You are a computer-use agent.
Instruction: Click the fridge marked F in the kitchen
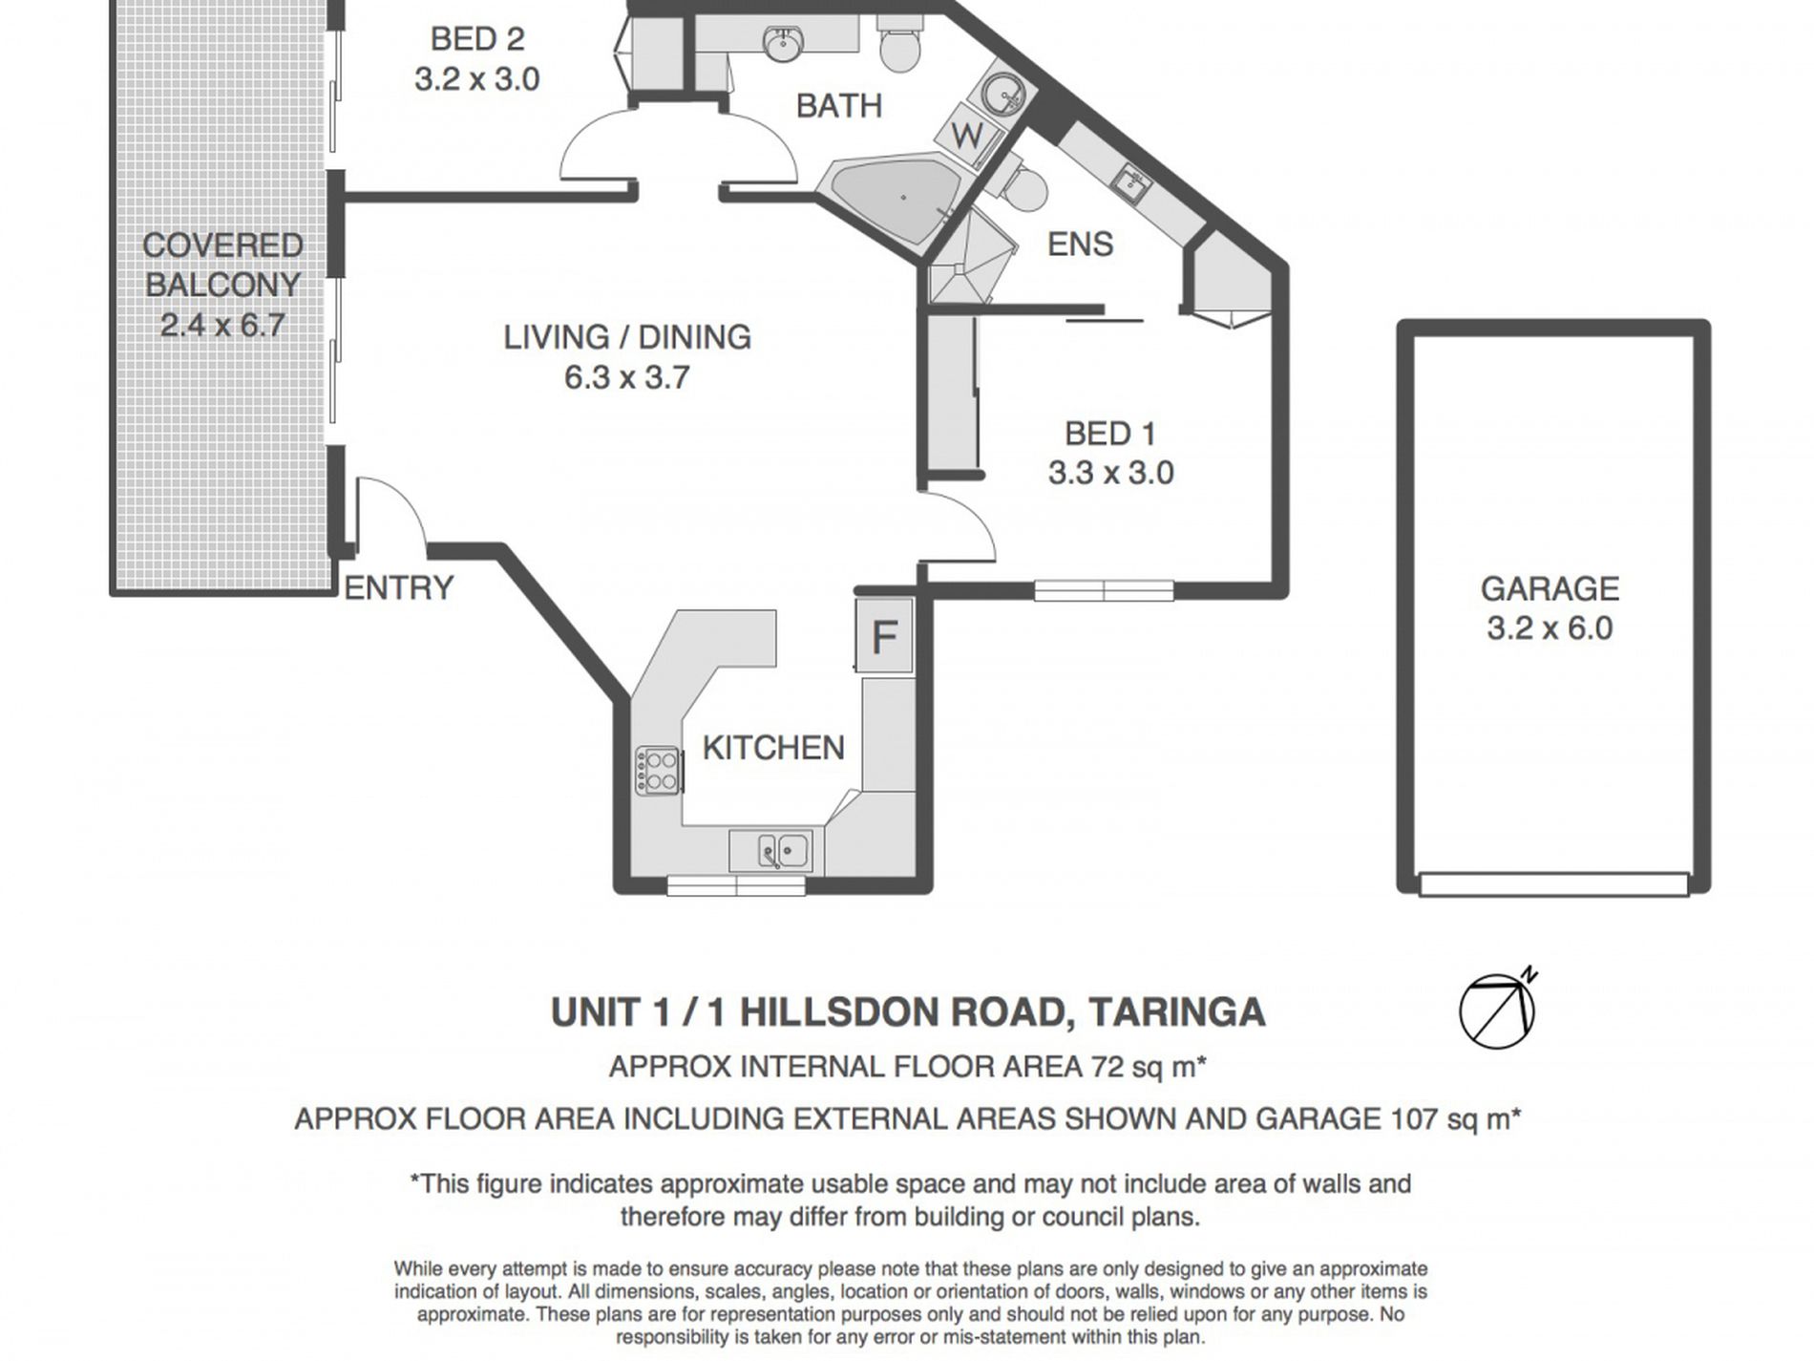pos(884,635)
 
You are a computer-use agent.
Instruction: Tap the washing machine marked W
pos(967,137)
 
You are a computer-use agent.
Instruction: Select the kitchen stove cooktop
pos(659,770)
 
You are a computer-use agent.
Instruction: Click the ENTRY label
pos(398,588)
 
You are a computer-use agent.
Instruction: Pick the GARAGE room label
pos(1550,588)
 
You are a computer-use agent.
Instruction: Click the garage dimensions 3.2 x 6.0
pos(1550,628)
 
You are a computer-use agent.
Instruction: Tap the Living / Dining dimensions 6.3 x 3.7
pos(626,377)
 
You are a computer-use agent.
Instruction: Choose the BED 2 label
pos(477,39)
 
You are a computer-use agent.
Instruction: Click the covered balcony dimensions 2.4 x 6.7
pos(222,326)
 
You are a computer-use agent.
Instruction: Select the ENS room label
pos(1080,245)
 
